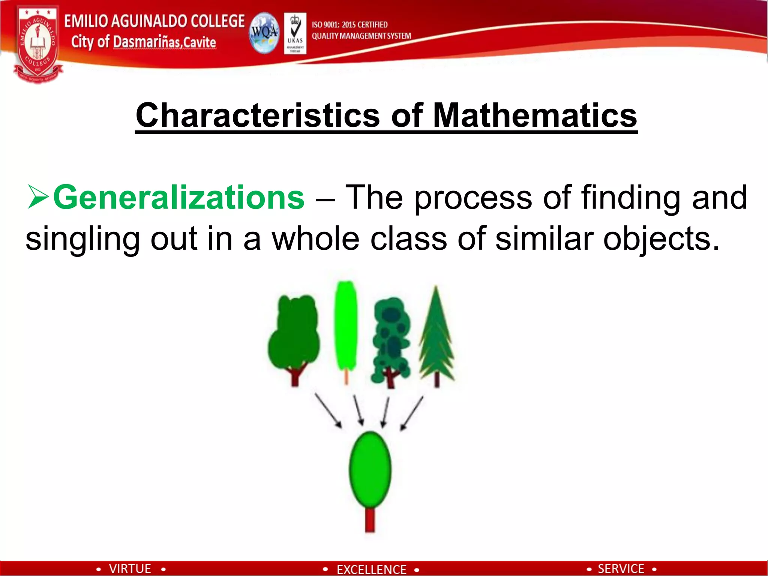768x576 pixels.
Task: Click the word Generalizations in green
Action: click(179, 198)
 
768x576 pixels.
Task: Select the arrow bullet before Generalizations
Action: click(38, 198)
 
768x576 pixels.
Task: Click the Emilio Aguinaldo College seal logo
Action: click(37, 44)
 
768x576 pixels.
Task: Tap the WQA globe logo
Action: click(264, 33)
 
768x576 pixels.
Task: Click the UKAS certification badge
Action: click(295, 33)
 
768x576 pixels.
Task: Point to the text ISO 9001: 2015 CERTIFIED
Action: click(349, 25)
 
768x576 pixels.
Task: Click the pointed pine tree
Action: click(436, 334)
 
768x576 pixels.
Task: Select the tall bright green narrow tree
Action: click(346, 326)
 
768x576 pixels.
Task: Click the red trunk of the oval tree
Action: click(370, 519)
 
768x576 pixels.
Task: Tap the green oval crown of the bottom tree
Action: click(370, 469)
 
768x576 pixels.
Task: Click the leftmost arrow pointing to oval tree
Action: click(328, 410)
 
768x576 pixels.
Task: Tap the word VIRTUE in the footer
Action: click(130, 569)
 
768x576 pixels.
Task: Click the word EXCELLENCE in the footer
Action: click(371, 570)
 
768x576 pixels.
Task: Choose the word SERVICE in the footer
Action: click(621, 569)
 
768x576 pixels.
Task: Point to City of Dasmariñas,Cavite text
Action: click(144, 42)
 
